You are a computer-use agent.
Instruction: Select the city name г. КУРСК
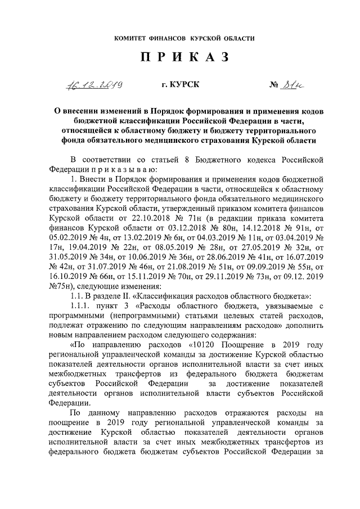tap(180, 85)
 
